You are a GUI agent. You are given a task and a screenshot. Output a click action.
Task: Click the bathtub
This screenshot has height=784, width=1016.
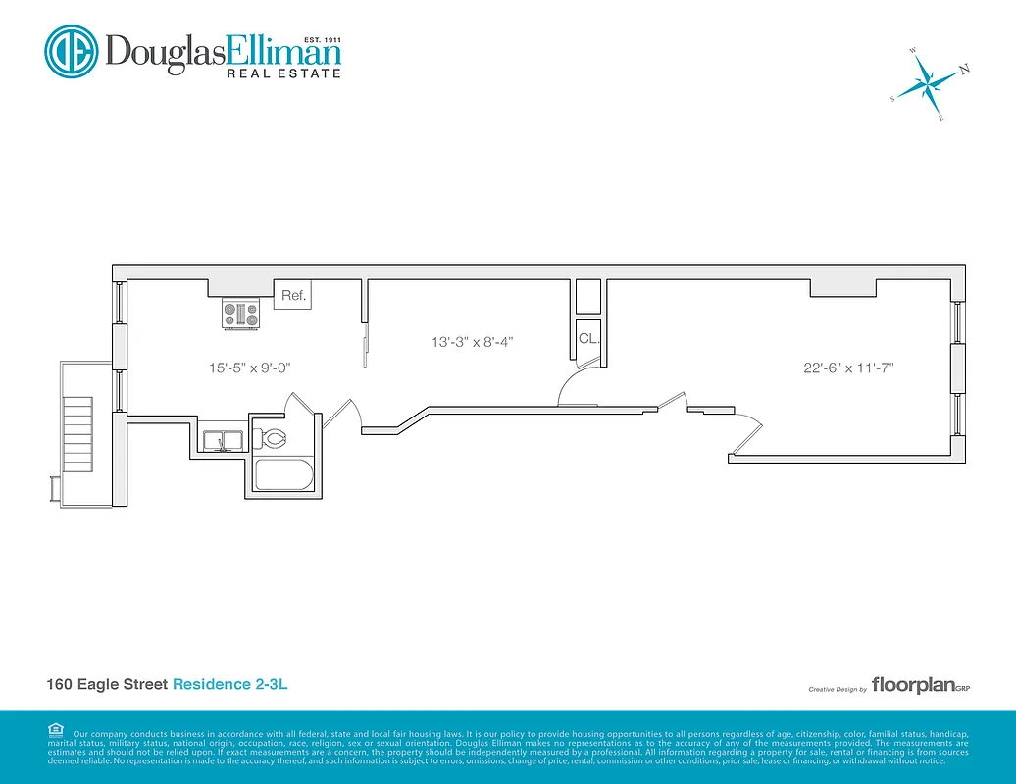pos(284,477)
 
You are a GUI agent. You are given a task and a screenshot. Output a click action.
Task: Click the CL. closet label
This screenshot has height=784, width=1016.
pos(588,339)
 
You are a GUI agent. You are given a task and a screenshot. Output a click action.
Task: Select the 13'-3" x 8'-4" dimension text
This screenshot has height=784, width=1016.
pos(473,342)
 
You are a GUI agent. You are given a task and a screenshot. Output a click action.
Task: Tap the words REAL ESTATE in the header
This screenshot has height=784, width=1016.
pos(283,73)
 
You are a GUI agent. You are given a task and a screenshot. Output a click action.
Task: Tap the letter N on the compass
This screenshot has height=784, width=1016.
pos(964,69)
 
